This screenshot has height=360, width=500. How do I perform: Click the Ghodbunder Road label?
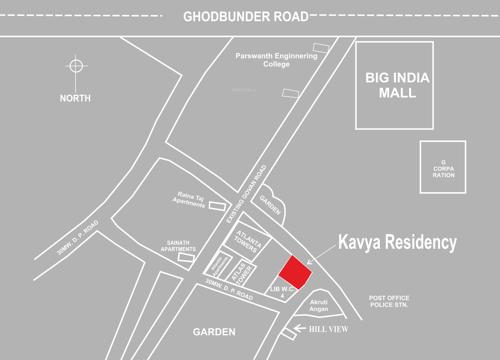point(245,17)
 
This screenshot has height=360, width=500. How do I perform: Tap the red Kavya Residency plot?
point(293,270)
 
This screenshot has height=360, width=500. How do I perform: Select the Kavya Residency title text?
point(396,242)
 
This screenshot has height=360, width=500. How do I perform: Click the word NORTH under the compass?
point(75,98)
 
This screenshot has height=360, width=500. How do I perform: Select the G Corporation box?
point(443,166)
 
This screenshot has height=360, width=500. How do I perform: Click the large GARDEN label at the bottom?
point(214,330)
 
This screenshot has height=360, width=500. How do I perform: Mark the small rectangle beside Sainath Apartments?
point(187,256)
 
